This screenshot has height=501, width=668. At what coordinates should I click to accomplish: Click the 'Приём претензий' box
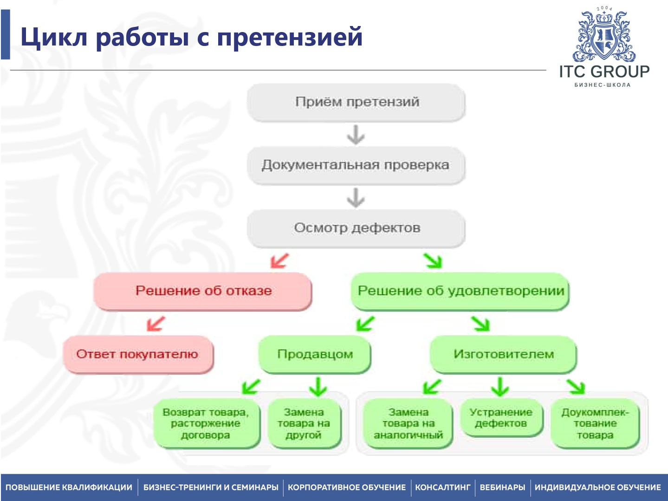click(356, 102)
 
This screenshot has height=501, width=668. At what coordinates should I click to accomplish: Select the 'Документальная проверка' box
click(356, 165)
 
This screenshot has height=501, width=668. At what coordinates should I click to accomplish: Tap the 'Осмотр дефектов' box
click(356, 228)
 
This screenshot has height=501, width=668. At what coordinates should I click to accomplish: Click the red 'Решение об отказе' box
click(203, 291)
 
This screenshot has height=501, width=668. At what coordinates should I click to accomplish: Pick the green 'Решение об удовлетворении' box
click(460, 291)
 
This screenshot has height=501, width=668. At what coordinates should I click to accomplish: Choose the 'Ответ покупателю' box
click(137, 354)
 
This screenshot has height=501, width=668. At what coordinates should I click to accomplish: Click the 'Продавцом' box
click(315, 354)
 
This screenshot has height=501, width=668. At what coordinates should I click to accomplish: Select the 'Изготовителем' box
click(503, 354)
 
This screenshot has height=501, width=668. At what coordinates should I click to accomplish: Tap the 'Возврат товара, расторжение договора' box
click(206, 423)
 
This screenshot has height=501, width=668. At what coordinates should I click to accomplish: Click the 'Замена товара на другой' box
click(304, 423)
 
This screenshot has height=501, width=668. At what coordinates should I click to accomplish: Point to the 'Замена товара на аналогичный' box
click(408, 423)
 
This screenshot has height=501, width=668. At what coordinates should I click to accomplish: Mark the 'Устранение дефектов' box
click(500, 417)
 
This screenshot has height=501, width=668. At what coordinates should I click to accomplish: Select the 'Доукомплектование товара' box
click(595, 423)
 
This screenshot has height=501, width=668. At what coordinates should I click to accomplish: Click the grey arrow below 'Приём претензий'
click(356, 135)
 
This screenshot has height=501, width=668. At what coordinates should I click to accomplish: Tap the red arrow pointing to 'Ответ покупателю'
click(156, 324)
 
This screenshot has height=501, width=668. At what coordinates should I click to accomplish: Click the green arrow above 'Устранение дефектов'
click(500, 386)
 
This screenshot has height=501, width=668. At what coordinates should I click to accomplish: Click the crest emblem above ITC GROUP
click(604, 36)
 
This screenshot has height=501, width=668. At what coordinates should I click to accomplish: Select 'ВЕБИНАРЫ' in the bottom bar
click(502, 488)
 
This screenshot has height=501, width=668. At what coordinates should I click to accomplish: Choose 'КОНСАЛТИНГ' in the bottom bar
click(442, 488)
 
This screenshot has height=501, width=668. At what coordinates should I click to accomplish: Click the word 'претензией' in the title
click(290, 37)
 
